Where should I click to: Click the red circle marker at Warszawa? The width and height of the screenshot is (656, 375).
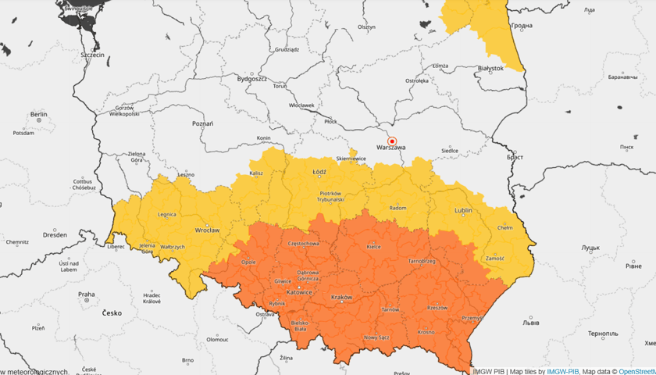tap(393, 141)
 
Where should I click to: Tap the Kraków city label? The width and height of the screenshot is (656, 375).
tap(342, 298)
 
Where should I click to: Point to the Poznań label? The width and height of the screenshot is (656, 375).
tap(202, 123)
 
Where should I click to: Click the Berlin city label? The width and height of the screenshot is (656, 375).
tap(38, 114)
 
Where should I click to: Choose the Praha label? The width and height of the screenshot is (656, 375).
tap(86, 295)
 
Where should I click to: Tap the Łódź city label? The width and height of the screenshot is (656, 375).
tap(319, 171)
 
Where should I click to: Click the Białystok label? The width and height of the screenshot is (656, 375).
tap(490, 69)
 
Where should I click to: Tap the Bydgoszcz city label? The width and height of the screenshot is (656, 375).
tap(251, 79)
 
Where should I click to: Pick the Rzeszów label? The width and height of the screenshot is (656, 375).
tap(437, 307)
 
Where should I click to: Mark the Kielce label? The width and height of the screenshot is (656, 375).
tap(373, 246)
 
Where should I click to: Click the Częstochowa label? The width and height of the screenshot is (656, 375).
tap(304, 243)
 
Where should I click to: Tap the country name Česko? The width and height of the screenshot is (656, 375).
tap(112, 312)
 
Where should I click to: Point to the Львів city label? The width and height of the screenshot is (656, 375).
tap(530, 322)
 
